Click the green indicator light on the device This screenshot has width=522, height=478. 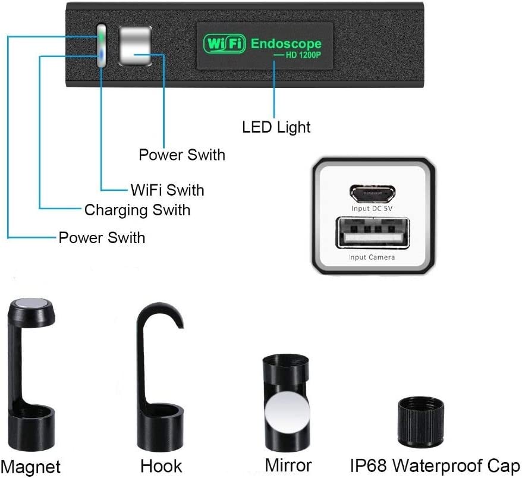tap(102, 37)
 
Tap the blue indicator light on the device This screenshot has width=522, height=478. tap(102, 55)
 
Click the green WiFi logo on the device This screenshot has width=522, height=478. tap(224, 43)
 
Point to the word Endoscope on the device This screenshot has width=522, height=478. tap(286, 43)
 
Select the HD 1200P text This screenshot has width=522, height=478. tap(301, 55)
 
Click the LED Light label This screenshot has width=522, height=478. tap(276, 127)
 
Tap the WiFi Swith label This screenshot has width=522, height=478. tap(167, 190)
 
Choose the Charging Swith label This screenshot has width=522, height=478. tap(137, 210)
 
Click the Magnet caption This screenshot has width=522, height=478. tap(31, 466)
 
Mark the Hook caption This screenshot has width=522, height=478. tap(161, 466)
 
